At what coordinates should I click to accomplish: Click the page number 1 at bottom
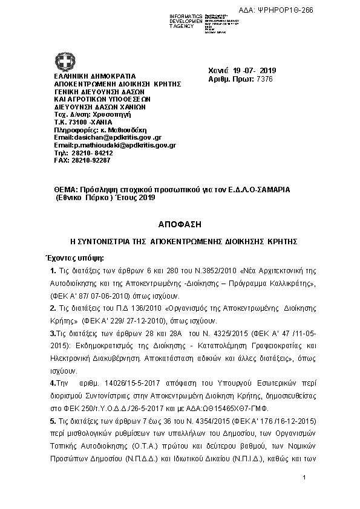tap(306, 479)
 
